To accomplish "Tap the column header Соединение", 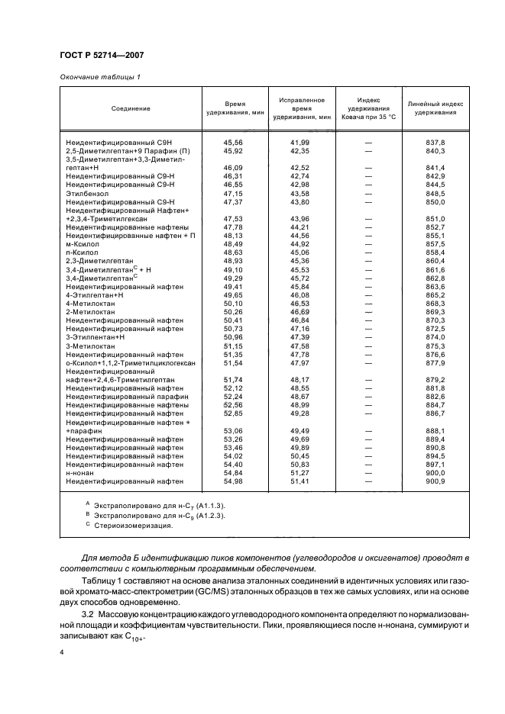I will [130, 108].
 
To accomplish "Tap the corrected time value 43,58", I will [300, 194].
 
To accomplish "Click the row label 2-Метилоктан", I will [90, 312].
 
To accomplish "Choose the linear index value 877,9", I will [435, 363].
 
